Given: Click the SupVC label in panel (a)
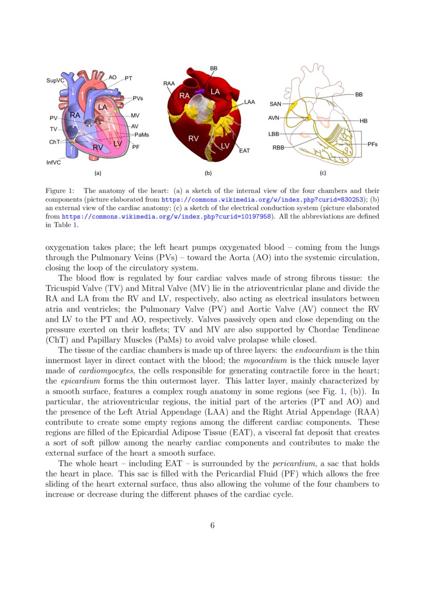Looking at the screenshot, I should tap(55, 81).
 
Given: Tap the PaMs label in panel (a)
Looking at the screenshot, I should tap(141, 134).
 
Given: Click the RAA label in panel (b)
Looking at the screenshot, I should tap(169, 83).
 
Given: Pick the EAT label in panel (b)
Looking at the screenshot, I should tap(244, 151).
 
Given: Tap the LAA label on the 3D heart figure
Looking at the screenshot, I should tap(249, 102).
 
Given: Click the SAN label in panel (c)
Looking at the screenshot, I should tap(275, 104).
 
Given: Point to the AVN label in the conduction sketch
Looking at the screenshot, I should tap(273, 118).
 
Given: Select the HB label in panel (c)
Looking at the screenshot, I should tap(363, 121).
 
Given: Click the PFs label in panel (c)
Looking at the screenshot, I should tap(373, 144).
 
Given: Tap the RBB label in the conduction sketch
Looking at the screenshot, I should tap(278, 148).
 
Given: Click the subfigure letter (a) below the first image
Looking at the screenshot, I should tap(98, 173).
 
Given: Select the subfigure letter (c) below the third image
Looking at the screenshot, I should tap(323, 173).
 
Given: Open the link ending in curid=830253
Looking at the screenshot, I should tap(263, 199).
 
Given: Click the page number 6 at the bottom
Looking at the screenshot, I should tap(212, 525).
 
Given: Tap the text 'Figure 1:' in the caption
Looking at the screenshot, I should tap(61, 190).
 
